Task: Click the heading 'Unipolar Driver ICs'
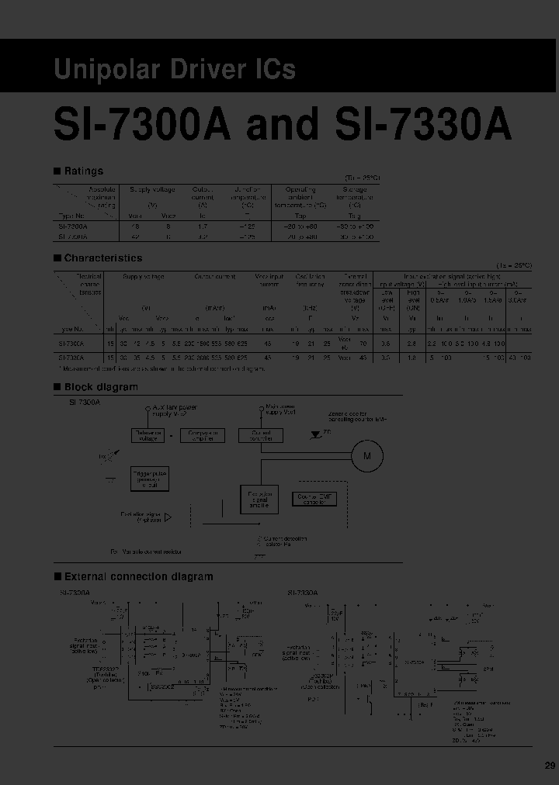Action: pyautogui.click(x=175, y=69)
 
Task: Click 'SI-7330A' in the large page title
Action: pyautogui.click(x=423, y=124)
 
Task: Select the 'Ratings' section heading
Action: pyautogui.click(x=82, y=171)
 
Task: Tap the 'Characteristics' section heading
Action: pyautogui.click(x=102, y=258)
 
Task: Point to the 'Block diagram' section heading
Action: pyautogui.click(x=100, y=387)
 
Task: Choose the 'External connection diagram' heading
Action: pyautogui.click(x=137, y=576)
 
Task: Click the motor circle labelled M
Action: pyautogui.click(x=367, y=457)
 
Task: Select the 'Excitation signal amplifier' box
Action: pyautogui.click(x=260, y=502)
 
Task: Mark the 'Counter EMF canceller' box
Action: pyautogui.click(x=314, y=499)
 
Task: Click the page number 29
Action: pyautogui.click(x=550, y=766)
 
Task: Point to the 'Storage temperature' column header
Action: pyautogui.click(x=356, y=197)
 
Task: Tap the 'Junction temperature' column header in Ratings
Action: pyautogui.click(x=248, y=197)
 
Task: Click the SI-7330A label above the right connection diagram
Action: pyautogui.click(x=303, y=593)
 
